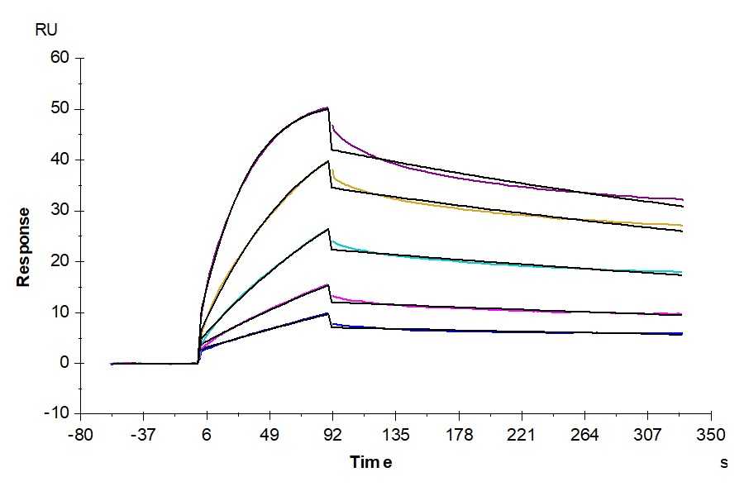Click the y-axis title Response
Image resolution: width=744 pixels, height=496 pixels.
[24, 247]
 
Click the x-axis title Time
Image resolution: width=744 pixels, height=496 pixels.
[370, 462]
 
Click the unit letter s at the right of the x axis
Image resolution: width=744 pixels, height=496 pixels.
[724, 463]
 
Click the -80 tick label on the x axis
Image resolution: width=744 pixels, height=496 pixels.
[79, 435]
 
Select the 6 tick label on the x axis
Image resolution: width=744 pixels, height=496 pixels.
[206, 435]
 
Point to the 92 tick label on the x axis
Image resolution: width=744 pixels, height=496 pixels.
[332, 435]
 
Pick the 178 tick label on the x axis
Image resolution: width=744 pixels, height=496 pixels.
[459, 435]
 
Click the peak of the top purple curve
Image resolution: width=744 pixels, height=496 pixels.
[328, 107]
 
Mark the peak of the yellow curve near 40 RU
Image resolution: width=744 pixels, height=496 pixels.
[328, 161]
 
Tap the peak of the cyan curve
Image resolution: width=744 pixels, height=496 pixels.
[328, 229]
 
